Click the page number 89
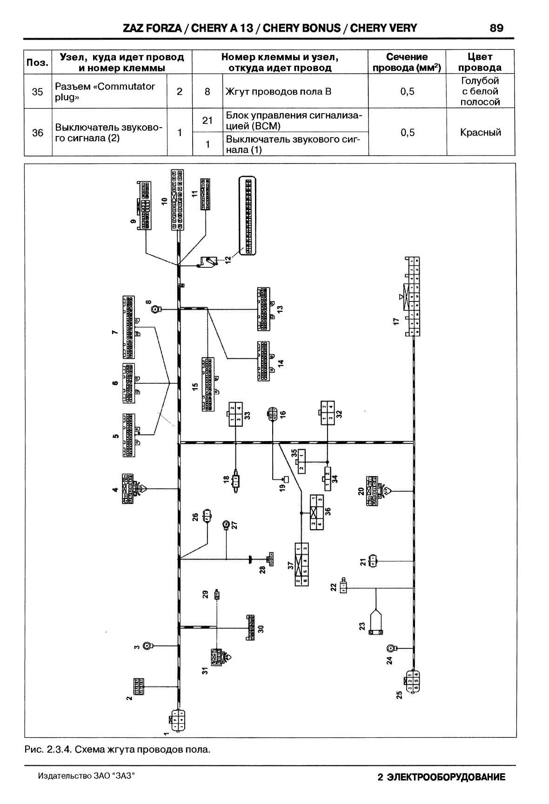[x=496, y=28]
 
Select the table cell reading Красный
[x=480, y=133]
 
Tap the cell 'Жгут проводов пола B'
[x=278, y=92]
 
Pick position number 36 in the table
[x=37, y=133]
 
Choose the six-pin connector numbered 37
[x=301, y=564]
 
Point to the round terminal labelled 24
[x=390, y=648]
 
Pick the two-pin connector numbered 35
[x=301, y=462]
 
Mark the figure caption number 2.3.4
[x=59, y=750]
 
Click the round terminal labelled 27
[x=226, y=525]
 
